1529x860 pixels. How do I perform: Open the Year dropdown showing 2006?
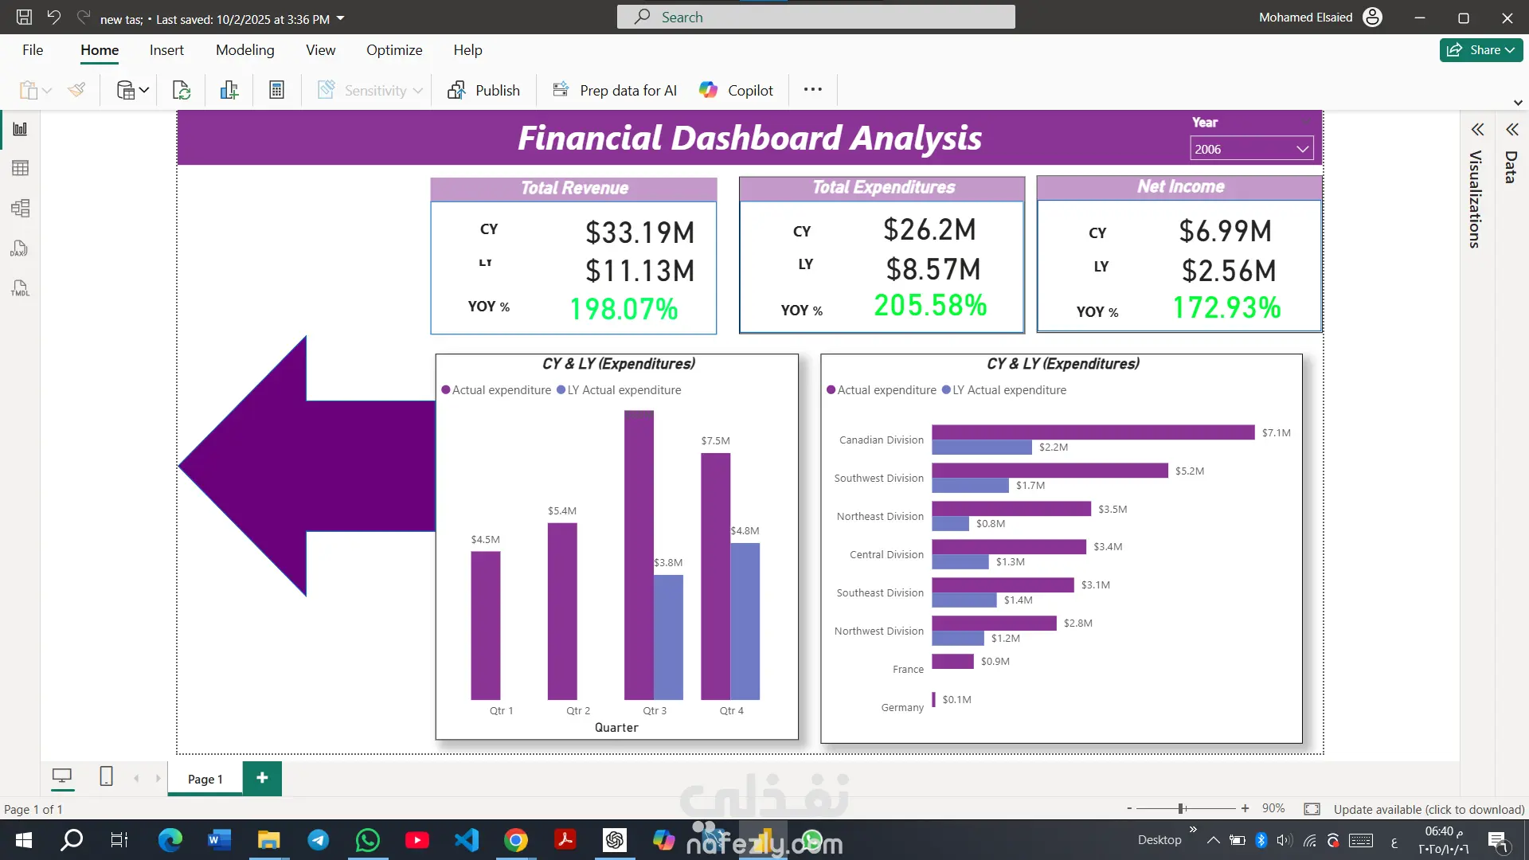(x=1251, y=149)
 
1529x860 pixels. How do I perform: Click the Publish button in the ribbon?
(x=483, y=90)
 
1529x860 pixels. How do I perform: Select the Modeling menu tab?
(x=244, y=50)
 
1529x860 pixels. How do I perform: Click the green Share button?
(x=1480, y=50)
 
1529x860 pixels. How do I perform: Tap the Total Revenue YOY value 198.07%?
(x=624, y=309)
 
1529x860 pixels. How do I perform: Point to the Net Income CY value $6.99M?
(x=1225, y=232)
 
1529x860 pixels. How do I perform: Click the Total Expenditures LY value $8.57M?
(x=933, y=270)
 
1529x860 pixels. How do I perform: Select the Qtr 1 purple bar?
(x=485, y=625)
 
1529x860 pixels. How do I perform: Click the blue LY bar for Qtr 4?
(x=745, y=621)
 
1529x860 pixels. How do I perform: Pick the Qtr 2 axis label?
(x=578, y=710)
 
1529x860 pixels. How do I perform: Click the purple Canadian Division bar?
(x=1093, y=432)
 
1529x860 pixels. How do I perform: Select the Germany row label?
(x=902, y=707)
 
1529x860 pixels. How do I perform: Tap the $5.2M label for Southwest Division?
(x=1190, y=471)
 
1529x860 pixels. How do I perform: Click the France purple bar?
(x=952, y=661)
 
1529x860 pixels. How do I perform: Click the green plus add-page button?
(x=262, y=778)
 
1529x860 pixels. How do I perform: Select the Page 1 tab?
(x=205, y=779)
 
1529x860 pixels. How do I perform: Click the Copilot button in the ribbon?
(x=736, y=90)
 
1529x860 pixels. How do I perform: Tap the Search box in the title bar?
(x=815, y=17)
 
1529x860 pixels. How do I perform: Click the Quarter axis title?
(x=616, y=728)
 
